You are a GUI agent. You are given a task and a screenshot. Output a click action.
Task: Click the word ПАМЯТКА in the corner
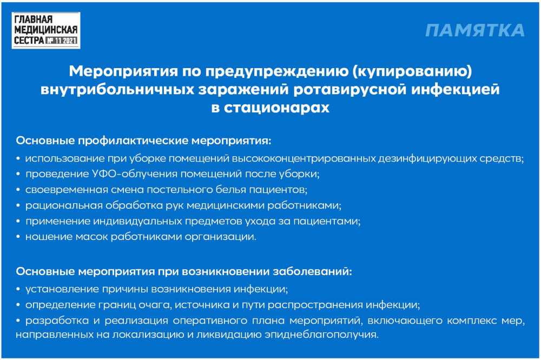click(x=475, y=30)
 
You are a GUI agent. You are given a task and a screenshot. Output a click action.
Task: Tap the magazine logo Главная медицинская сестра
click(x=46, y=30)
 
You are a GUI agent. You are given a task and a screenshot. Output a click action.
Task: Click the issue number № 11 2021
click(x=61, y=41)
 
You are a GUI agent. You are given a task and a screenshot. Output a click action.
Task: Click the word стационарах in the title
click(x=276, y=108)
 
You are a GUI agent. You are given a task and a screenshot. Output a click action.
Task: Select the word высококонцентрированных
click(x=304, y=158)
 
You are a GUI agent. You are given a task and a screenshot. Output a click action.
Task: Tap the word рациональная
click(x=64, y=205)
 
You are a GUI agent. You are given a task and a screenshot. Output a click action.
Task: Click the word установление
click(x=62, y=289)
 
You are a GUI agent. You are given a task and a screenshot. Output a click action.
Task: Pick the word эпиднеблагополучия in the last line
click(x=321, y=335)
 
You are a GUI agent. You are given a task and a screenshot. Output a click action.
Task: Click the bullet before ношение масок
click(x=18, y=237)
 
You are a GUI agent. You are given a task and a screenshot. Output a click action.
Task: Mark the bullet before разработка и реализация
click(x=18, y=321)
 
